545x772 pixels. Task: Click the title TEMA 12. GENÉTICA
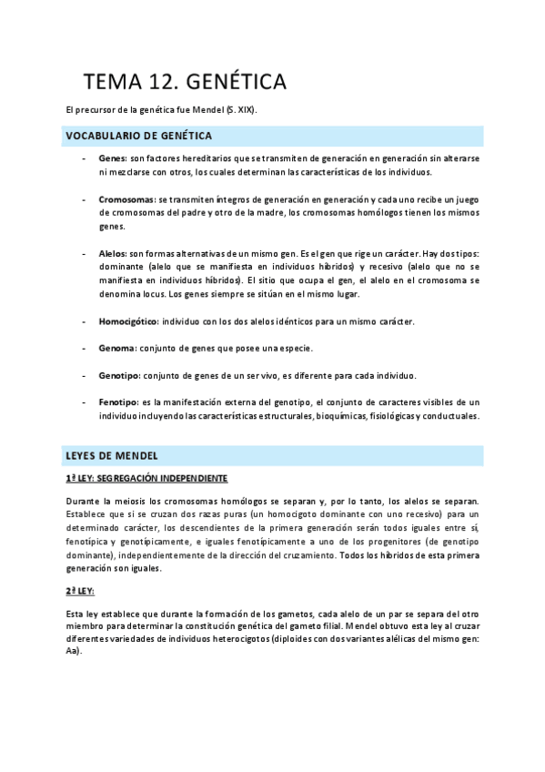(186, 82)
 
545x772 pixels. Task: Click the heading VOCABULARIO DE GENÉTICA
(138, 136)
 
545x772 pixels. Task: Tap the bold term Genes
(113, 158)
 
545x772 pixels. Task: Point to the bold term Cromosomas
(126, 198)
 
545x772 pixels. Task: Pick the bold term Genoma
(117, 348)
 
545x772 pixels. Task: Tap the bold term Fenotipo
(118, 401)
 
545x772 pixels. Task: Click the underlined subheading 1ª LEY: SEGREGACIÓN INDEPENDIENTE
(146, 478)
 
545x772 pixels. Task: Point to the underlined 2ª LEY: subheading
(81, 591)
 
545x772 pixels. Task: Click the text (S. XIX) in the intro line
(239, 110)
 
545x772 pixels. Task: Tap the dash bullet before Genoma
(84, 348)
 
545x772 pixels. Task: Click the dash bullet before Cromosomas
(84, 198)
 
